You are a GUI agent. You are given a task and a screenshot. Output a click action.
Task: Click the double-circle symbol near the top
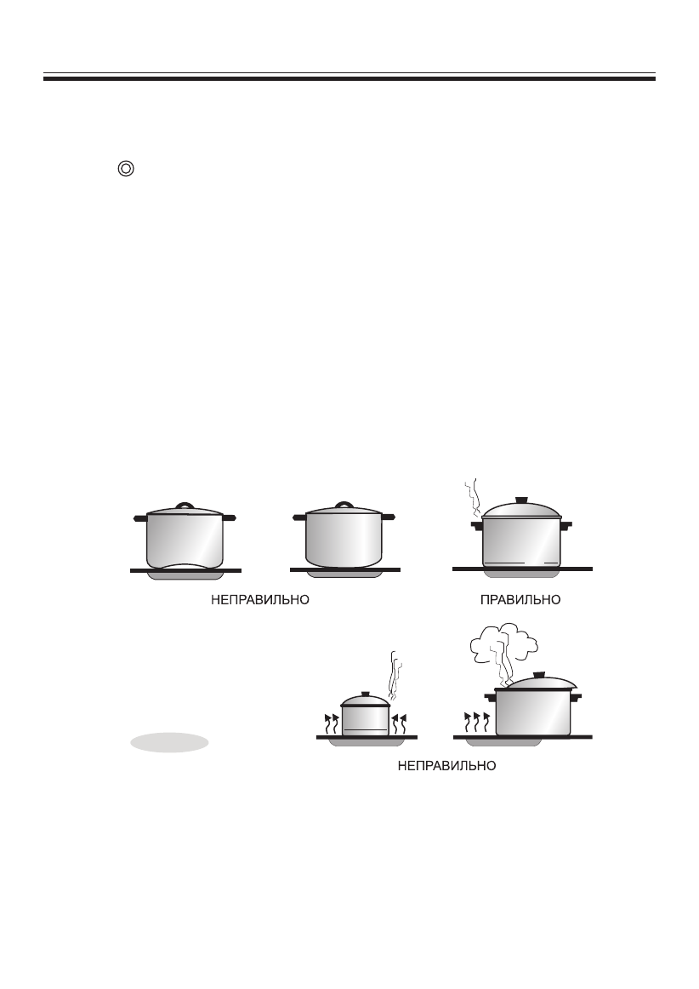pos(125,169)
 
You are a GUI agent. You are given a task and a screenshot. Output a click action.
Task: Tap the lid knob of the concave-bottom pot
pos(185,506)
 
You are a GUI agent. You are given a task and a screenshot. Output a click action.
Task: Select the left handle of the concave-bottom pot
pos(139,517)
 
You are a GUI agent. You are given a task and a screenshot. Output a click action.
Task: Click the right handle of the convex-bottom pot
pos(388,516)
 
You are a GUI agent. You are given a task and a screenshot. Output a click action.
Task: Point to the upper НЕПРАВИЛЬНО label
pos(259,599)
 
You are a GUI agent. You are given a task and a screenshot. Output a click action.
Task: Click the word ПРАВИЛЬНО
pos(520,599)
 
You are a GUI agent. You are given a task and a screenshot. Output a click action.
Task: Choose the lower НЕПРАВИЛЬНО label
pos(447,766)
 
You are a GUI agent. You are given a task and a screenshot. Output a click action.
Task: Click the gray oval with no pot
pos(169,742)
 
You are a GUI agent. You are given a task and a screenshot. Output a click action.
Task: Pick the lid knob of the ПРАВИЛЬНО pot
pos(522,500)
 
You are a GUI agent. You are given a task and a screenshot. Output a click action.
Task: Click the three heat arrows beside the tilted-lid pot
pos(477,721)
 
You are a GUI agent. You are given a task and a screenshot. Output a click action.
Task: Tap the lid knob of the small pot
pos(366,695)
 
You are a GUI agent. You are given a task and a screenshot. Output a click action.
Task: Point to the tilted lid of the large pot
pos(541,683)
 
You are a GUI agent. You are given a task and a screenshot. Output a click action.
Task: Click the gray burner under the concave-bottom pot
pos(185,575)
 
